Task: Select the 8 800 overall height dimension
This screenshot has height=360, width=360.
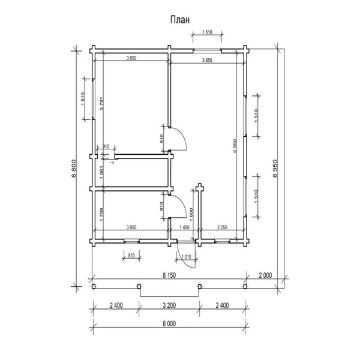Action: coord(74,169)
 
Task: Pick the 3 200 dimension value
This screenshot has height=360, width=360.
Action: coord(169,305)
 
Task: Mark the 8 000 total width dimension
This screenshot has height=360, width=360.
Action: coord(169,324)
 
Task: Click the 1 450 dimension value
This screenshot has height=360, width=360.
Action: coord(184,228)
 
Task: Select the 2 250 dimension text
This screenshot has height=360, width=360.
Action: coord(221,228)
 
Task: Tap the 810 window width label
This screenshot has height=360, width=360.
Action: coord(131,255)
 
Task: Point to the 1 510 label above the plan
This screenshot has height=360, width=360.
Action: coord(208,32)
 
